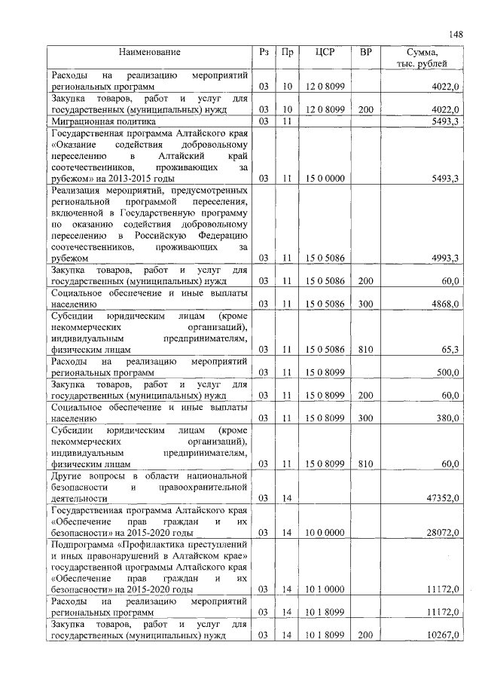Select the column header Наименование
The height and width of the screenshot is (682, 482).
(149, 52)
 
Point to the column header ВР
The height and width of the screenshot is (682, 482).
(366, 52)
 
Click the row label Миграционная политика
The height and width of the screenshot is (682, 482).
(103, 121)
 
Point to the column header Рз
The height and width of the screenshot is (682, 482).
(263, 52)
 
